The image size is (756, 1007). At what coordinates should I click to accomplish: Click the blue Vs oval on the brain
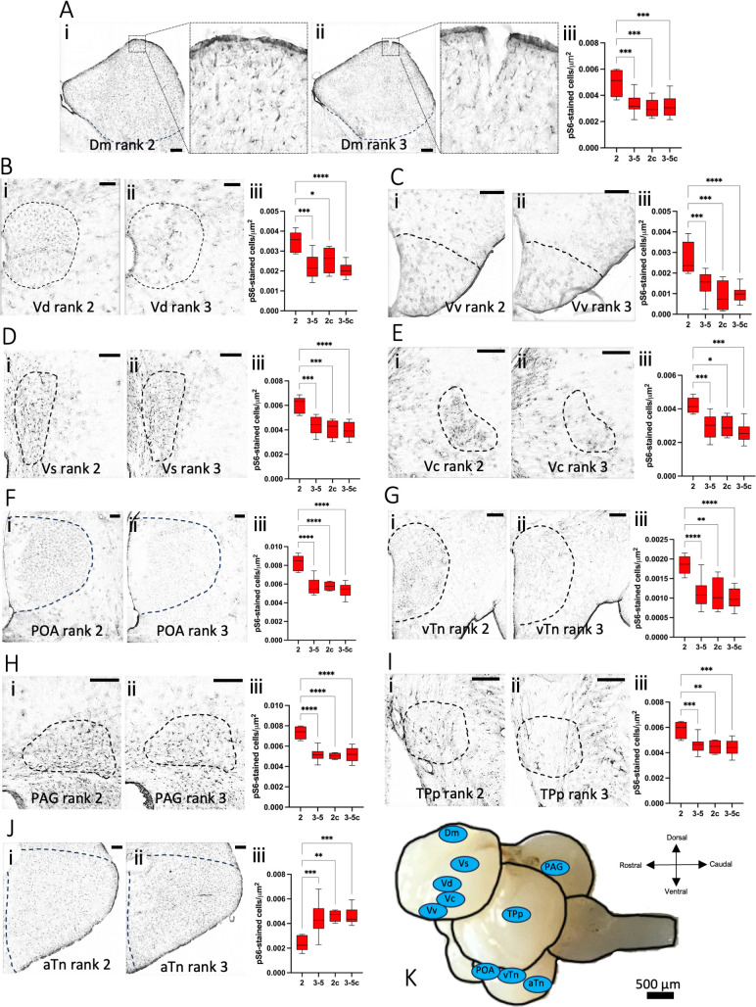click(467, 862)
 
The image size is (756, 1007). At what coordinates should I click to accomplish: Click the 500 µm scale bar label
click(660, 980)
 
